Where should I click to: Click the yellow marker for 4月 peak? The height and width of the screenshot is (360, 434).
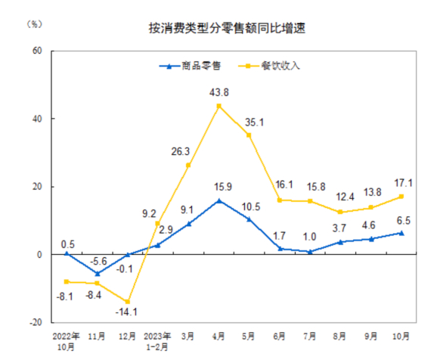pos(219,106)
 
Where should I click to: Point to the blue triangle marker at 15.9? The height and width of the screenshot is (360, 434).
pos(219,200)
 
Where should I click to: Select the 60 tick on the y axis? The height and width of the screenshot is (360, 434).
pos(36,51)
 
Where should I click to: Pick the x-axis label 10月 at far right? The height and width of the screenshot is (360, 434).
pos(402,334)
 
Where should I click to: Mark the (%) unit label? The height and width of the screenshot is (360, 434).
pos(35,24)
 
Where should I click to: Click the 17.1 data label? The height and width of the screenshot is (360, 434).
pos(402,183)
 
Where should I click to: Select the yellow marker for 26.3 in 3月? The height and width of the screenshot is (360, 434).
pos(188,165)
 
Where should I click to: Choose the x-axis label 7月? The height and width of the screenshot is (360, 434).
pos(311,334)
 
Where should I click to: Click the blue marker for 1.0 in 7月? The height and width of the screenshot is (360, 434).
pos(311,251)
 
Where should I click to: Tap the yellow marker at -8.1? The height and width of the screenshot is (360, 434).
pos(67,282)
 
